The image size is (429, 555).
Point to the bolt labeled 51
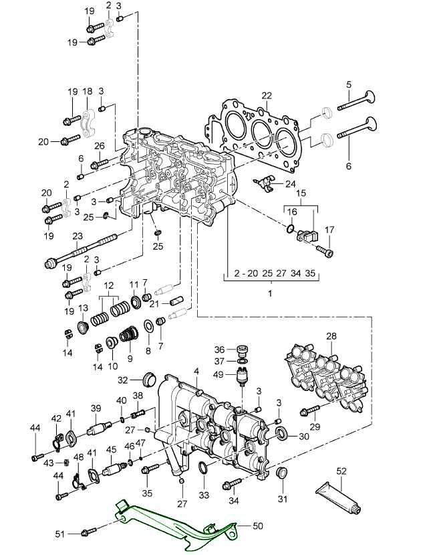(84, 533)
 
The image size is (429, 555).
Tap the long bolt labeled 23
(84, 252)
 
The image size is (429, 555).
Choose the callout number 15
(301, 193)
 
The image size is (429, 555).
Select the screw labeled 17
(325, 251)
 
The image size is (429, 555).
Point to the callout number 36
(219, 349)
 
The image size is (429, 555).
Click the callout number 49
(219, 374)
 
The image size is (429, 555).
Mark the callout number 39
(96, 408)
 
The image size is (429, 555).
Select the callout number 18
(87, 91)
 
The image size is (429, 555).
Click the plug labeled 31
(281, 475)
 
